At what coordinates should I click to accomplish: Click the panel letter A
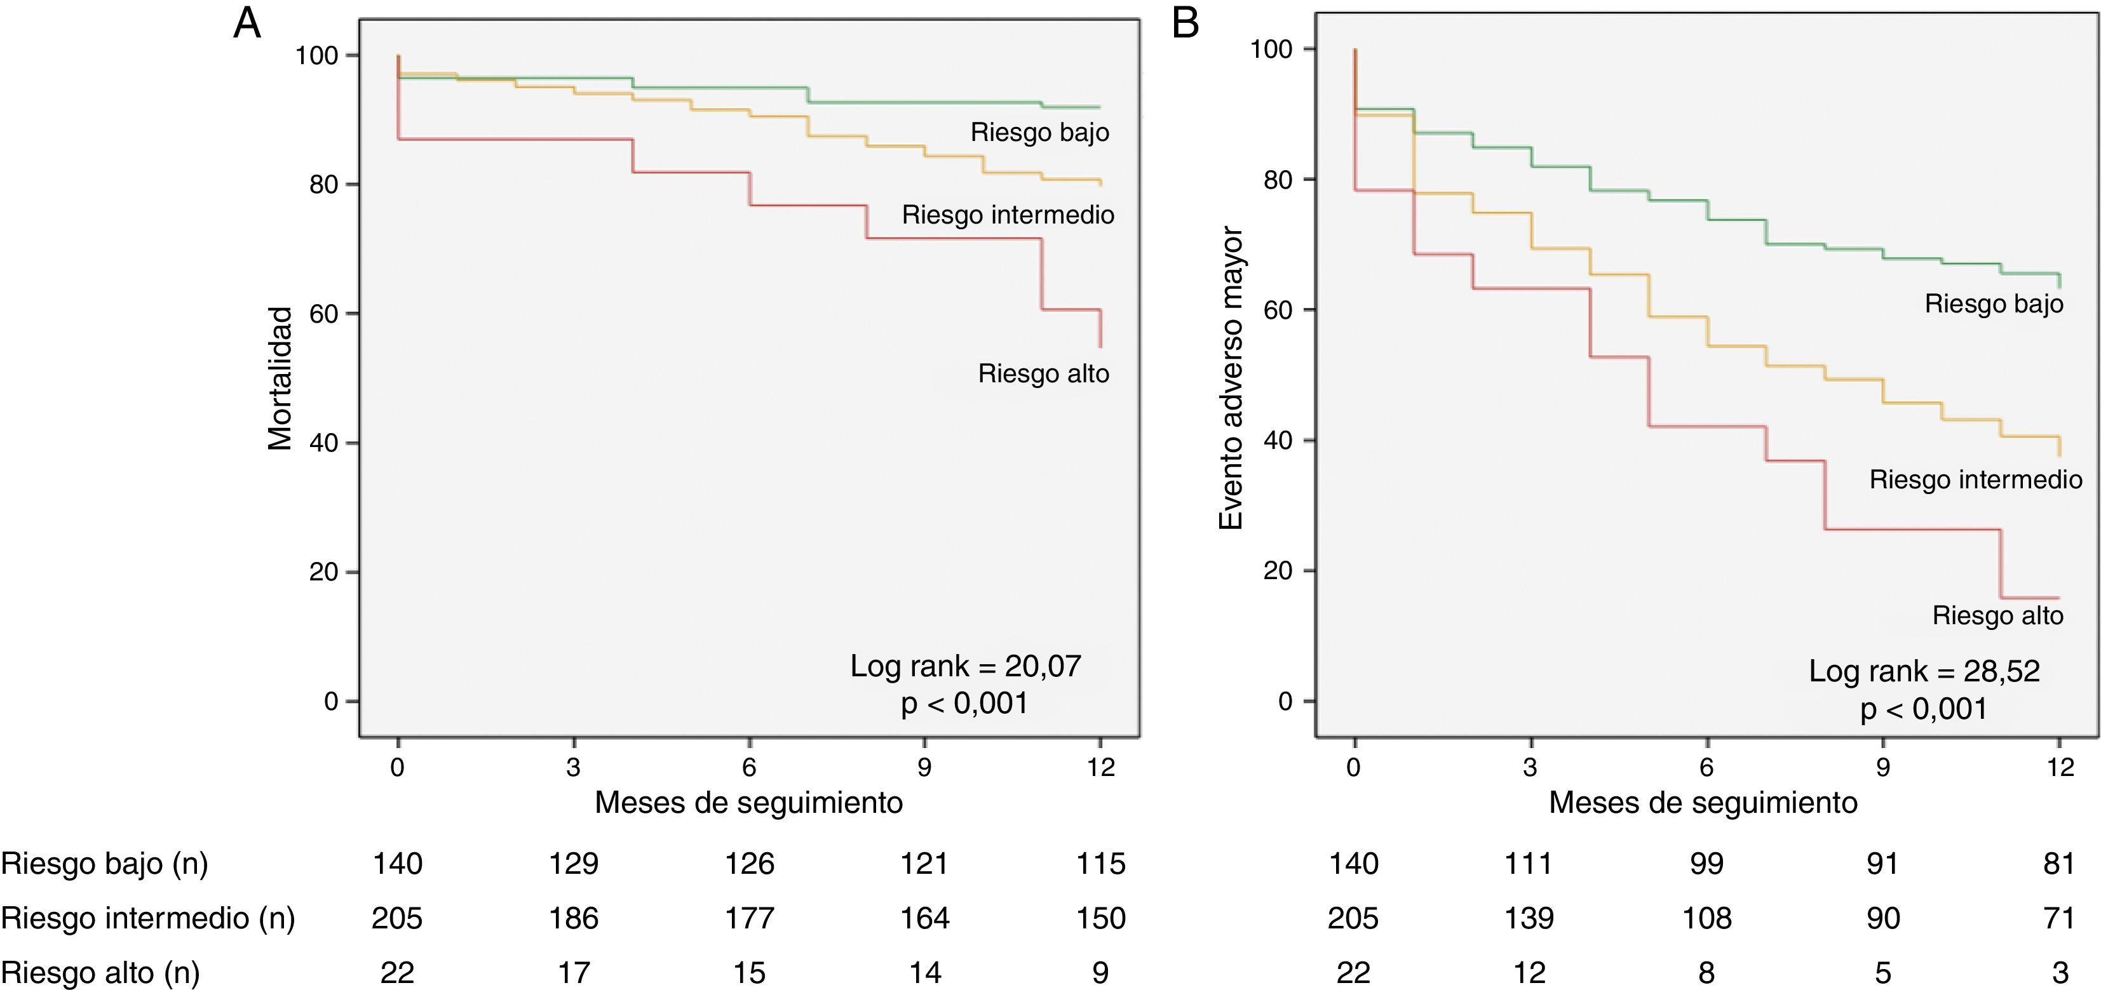(247, 23)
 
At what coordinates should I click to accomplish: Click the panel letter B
(1185, 23)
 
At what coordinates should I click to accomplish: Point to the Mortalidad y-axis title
(280, 378)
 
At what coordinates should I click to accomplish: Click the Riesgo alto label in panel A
(1043, 373)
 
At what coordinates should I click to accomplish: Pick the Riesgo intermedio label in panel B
(1975, 479)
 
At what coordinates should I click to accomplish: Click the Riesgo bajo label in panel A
(1039, 132)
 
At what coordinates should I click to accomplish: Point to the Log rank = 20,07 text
(965, 666)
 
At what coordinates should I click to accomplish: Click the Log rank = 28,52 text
(1924, 671)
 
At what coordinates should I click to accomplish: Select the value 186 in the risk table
(573, 918)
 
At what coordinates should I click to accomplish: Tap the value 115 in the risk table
(1100, 864)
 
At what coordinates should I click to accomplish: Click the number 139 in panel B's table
(1529, 918)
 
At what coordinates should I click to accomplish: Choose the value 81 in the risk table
(2058, 864)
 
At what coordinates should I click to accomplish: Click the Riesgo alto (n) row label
(100, 973)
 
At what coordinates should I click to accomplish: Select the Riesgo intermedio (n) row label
(147, 918)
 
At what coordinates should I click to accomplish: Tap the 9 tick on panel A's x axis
(924, 766)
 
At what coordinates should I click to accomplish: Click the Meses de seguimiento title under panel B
(1703, 803)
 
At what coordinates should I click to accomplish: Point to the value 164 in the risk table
(925, 918)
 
